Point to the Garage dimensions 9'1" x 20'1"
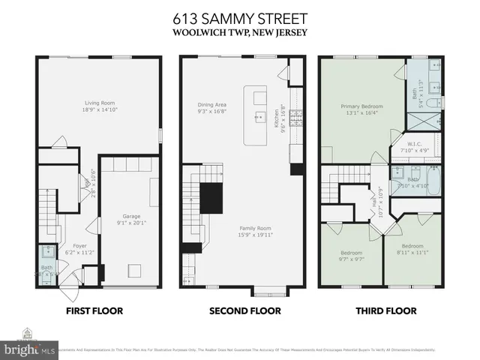[130, 222]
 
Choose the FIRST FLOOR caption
[94, 310]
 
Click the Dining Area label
[212, 106]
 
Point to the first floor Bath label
[46, 266]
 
